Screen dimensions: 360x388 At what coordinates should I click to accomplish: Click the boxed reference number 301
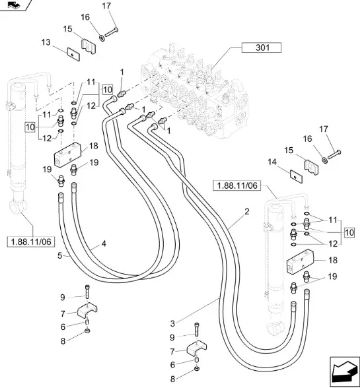(262, 48)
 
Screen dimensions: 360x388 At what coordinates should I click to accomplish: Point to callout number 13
(46, 42)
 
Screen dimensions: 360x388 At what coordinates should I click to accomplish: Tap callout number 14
(272, 162)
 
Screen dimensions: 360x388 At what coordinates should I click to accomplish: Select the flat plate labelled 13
(73, 54)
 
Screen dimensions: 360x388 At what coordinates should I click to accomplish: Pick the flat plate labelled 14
(296, 176)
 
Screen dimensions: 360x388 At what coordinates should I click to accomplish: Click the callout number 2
(247, 212)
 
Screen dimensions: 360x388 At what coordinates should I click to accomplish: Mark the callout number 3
(172, 323)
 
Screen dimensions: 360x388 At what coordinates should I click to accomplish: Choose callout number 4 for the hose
(104, 243)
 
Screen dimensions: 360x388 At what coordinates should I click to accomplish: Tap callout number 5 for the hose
(59, 255)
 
